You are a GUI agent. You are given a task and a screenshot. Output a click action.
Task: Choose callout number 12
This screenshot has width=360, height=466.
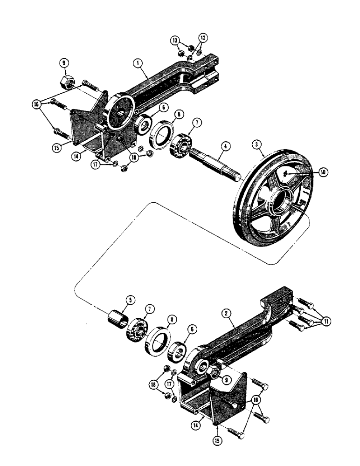[x=202, y=37]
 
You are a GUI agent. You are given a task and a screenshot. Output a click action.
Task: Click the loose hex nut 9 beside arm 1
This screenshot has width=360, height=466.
[x=65, y=82]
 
